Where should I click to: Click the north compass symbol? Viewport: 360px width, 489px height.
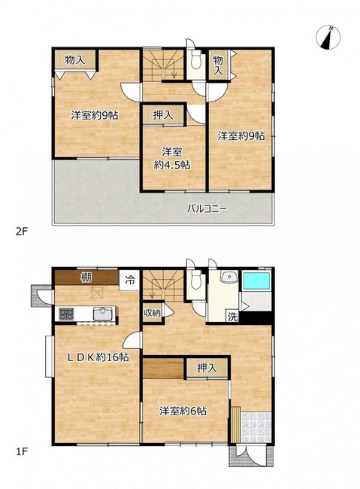pyautogui.click(x=328, y=37)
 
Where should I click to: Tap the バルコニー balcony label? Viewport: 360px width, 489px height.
pyautogui.click(x=207, y=208)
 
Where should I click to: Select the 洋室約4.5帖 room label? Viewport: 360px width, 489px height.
pyautogui.click(x=172, y=159)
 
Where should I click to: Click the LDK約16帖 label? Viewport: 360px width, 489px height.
pyautogui.click(x=98, y=357)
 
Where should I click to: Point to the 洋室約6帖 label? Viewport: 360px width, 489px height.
pyautogui.click(x=183, y=411)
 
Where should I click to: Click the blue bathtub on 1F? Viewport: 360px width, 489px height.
pyautogui.click(x=256, y=281)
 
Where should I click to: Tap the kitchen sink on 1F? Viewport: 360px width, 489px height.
pyautogui.click(x=103, y=314)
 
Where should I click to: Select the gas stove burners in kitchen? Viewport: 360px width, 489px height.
pyautogui.click(x=66, y=314)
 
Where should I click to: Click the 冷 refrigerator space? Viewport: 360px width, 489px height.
pyautogui.click(x=130, y=280)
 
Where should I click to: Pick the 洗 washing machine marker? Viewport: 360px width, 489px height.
pyautogui.click(x=232, y=317)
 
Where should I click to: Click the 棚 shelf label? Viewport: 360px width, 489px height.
pyautogui.click(x=86, y=278)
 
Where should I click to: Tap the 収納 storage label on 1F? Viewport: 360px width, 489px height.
pyautogui.click(x=152, y=313)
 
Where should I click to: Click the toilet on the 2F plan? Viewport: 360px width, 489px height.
pyautogui.click(x=195, y=62)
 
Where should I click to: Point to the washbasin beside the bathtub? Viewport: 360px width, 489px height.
pyautogui.click(x=229, y=277)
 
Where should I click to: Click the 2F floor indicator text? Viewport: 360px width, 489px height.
pyautogui.click(x=22, y=232)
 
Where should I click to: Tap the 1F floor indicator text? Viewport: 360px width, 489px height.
pyautogui.click(x=22, y=451)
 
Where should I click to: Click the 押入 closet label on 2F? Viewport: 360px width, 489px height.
pyautogui.click(x=162, y=115)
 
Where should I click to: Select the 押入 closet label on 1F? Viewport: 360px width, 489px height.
pyautogui.click(x=207, y=369)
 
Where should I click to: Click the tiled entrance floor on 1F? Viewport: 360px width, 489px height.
pyautogui.click(x=256, y=427)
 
